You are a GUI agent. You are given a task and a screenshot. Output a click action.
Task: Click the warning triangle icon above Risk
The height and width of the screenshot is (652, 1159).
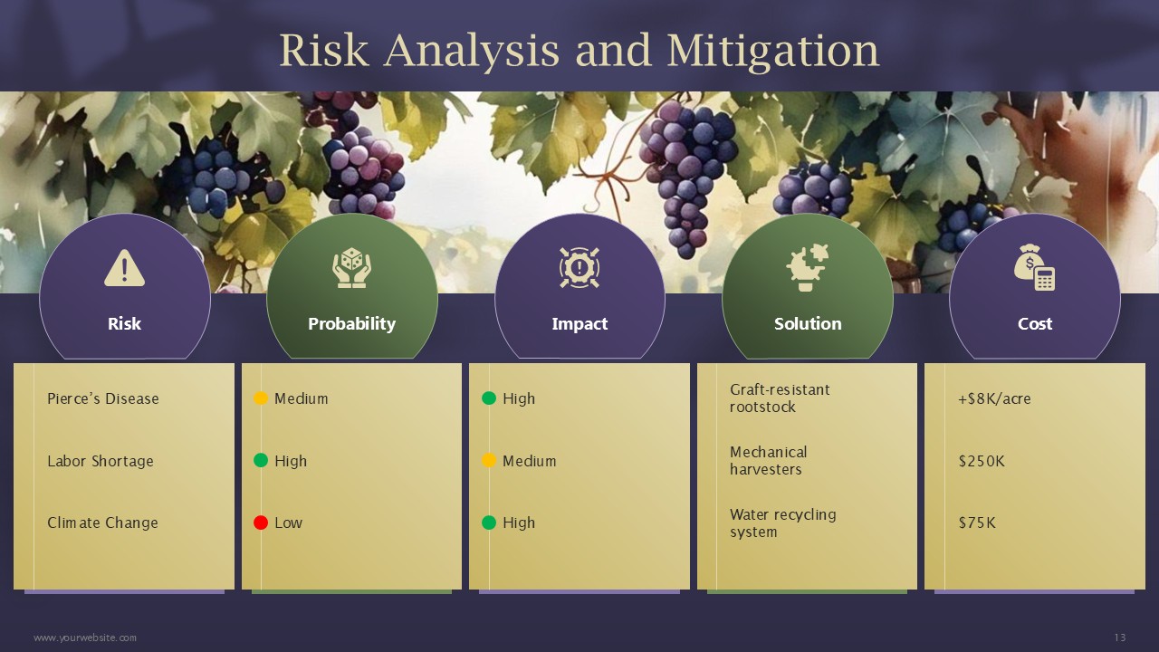(x=124, y=268)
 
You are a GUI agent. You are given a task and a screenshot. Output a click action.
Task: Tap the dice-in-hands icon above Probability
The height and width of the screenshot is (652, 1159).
(x=352, y=267)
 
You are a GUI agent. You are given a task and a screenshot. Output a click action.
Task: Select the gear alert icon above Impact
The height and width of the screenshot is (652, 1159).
(x=579, y=267)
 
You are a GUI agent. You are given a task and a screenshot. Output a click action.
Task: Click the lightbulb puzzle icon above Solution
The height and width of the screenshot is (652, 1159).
(x=807, y=267)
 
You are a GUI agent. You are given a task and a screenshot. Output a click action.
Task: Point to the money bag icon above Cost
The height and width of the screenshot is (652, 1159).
(x=1035, y=267)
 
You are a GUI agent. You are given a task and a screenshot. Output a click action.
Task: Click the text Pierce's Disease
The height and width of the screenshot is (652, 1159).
(x=103, y=398)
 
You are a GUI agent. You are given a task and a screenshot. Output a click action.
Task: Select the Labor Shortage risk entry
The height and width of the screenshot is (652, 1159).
(x=101, y=461)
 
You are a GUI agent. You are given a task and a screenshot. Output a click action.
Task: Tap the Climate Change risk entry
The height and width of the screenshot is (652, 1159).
(x=102, y=523)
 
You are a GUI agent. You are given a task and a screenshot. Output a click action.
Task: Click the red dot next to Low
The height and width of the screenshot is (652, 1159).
(x=261, y=523)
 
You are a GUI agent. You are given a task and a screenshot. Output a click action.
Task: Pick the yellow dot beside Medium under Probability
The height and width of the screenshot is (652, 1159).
(x=261, y=398)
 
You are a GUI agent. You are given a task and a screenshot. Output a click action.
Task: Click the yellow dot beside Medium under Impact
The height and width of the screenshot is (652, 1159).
(x=489, y=461)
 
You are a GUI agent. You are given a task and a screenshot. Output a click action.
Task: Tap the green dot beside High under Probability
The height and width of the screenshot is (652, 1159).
(x=261, y=461)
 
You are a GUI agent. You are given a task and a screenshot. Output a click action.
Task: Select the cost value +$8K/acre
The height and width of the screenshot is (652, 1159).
(x=994, y=398)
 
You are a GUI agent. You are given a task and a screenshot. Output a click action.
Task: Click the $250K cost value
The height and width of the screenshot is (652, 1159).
(x=982, y=461)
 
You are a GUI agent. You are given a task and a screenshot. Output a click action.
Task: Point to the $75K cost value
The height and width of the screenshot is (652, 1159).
(x=977, y=523)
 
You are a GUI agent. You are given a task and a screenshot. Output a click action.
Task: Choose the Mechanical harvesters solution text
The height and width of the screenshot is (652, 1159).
(x=769, y=461)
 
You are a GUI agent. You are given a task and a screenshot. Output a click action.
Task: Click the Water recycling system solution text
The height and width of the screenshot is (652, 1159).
(x=783, y=523)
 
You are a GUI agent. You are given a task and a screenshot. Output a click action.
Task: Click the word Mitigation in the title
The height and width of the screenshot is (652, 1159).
(x=773, y=51)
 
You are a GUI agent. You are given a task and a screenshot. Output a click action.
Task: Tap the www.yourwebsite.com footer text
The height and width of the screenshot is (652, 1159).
(x=85, y=638)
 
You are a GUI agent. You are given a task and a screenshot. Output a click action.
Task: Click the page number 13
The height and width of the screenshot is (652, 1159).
(x=1120, y=638)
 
